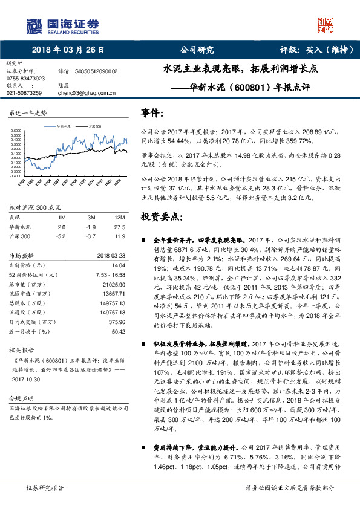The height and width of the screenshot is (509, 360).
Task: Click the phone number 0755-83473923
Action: coord(25,79)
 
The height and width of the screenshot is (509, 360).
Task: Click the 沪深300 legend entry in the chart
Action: coord(94,126)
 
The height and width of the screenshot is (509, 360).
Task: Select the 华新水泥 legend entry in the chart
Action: coord(64,126)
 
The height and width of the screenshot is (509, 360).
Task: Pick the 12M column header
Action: coord(119,217)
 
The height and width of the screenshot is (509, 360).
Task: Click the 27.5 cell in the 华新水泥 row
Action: coord(119,226)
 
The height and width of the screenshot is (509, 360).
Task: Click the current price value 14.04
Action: coord(119,265)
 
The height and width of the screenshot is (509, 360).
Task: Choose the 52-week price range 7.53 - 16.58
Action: coord(110,274)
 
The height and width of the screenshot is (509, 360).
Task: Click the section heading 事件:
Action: coord(152,113)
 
